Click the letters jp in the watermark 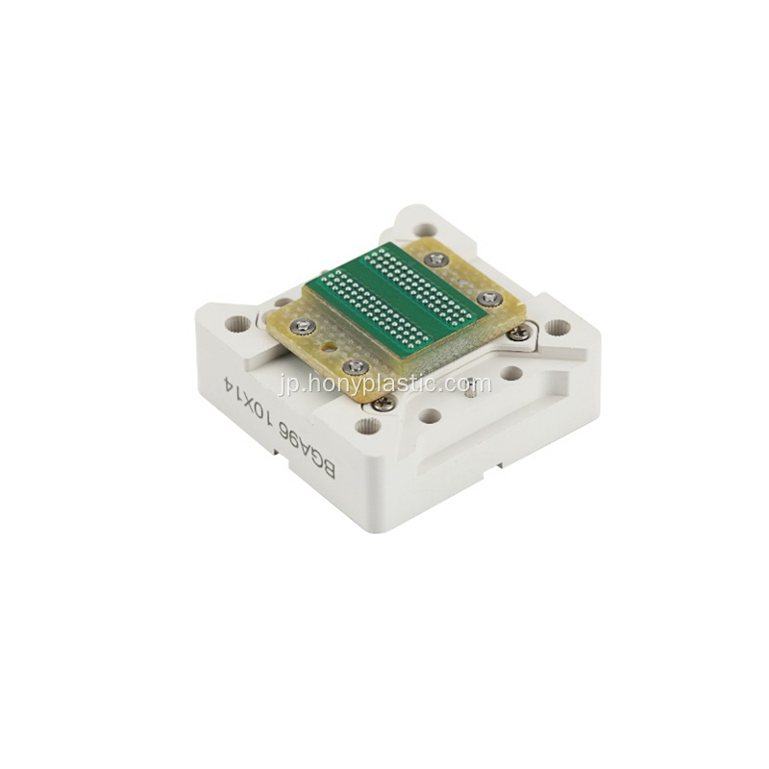288,385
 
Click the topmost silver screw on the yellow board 436,259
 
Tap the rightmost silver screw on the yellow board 489,297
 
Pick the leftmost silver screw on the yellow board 301,324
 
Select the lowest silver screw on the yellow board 356,365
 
